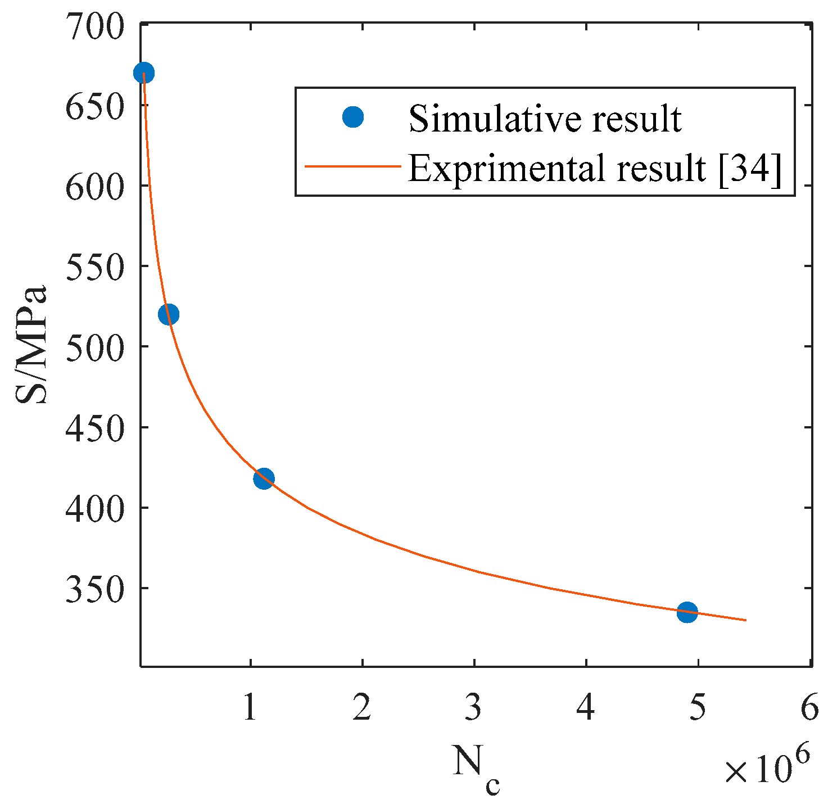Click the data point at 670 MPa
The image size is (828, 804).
pos(144,73)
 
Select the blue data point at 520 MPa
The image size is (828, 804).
pos(169,314)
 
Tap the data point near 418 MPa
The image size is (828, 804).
pos(264,479)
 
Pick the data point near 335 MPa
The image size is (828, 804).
pos(687,612)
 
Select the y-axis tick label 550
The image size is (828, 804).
pos(94,267)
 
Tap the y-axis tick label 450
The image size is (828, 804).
pos(94,427)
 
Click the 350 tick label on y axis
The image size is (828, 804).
pos(94,588)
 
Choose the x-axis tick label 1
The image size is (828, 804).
pos(250,707)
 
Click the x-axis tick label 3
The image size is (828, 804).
pos(473,707)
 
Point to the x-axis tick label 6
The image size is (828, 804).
pos(809,707)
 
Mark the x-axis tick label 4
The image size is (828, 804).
pos(586,707)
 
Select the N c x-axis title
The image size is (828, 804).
pos(476,769)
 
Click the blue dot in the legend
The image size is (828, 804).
pos(353,117)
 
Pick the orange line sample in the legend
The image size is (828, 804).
pos(353,167)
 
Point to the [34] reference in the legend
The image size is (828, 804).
pos(750,168)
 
